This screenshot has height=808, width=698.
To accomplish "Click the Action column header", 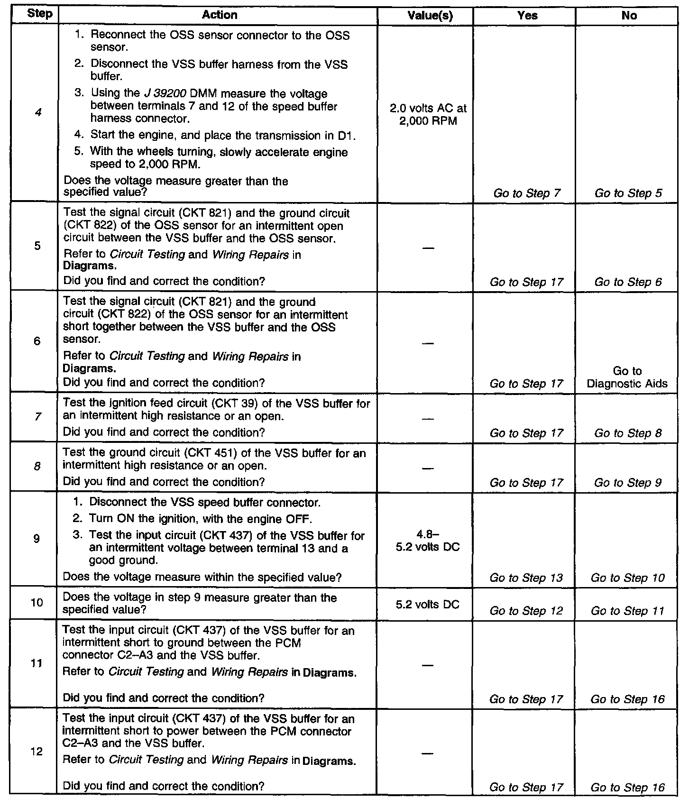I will click(219, 15).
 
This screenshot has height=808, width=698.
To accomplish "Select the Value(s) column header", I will click(430, 16).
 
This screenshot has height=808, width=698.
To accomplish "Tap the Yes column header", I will click(527, 16).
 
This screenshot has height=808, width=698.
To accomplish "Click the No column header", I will click(629, 16).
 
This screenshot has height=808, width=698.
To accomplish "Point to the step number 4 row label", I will click(38, 113).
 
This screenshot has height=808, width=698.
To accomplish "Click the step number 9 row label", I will click(37, 538).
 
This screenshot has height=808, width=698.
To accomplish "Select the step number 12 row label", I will click(37, 752).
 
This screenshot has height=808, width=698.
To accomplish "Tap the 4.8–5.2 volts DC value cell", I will click(428, 541).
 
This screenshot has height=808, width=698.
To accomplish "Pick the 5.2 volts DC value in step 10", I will click(428, 605).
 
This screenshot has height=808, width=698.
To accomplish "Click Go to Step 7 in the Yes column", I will click(527, 193).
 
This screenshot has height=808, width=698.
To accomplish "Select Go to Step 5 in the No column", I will click(628, 193).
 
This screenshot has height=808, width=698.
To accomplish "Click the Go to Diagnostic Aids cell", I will click(627, 377).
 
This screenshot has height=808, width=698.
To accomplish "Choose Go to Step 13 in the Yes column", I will click(526, 578).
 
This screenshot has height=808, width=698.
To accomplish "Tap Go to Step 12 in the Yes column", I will click(526, 611).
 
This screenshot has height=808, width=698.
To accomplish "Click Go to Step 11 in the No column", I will click(628, 611).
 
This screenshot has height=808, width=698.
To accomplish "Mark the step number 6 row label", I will click(37, 341).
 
